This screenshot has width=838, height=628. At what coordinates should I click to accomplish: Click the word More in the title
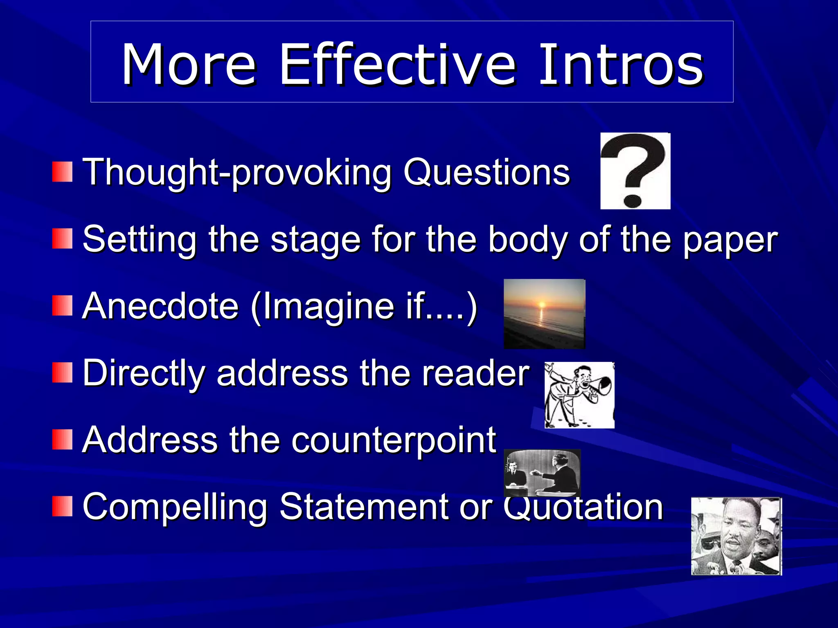click(x=189, y=65)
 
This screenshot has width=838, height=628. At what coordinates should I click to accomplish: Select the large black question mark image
click(x=635, y=171)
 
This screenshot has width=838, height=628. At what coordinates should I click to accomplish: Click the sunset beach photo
click(x=544, y=314)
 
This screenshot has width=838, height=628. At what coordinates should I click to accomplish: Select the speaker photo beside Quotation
click(x=736, y=536)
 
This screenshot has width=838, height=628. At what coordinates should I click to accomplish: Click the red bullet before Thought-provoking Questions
click(x=62, y=172)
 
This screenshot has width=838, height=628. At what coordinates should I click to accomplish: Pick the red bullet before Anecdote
click(x=62, y=306)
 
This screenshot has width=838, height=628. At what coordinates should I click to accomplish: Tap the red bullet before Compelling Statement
click(x=62, y=506)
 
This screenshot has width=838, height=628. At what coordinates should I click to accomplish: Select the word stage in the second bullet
click(x=315, y=240)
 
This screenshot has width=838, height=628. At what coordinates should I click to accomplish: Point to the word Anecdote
click(x=160, y=306)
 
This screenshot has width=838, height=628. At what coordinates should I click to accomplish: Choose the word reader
click(x=475, y=373)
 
